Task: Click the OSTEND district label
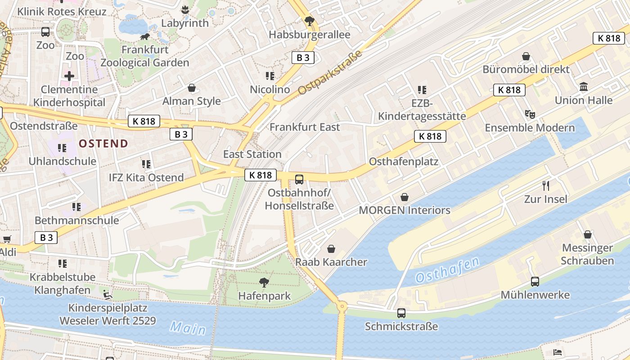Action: coord(103,144)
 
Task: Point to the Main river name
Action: coord(188,328)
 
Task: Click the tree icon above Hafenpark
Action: coord(264,283)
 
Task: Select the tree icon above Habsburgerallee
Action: coord(309,21)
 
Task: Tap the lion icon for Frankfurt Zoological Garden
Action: coord(145,36)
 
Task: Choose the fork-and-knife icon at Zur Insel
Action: coord(546,185)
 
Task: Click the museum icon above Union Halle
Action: coord(584,86)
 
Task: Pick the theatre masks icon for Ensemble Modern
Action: coord(530,114)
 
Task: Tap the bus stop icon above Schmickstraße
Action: coord(401,313)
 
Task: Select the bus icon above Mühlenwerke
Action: coord(535,282)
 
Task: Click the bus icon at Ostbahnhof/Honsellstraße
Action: coord(299,180)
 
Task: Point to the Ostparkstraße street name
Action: coord(330,72)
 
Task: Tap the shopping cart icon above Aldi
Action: coord(7,239)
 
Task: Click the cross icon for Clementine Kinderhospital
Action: coord(69,76)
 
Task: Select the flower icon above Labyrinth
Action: coord(184,9)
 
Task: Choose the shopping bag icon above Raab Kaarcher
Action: coord(331,248)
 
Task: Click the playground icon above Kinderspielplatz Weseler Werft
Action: coord(108,295)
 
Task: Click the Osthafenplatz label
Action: coord(403,162)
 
